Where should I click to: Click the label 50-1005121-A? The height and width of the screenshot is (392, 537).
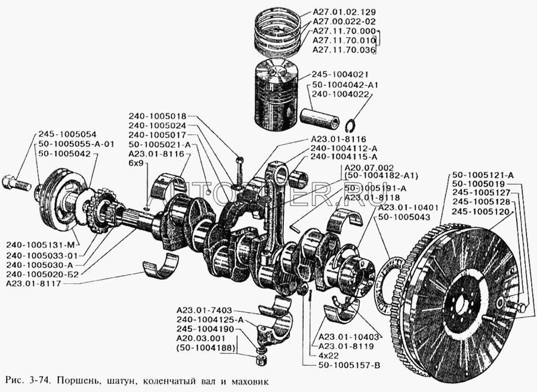pos(483,175)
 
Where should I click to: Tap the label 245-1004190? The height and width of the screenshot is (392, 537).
pos(205,330)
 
